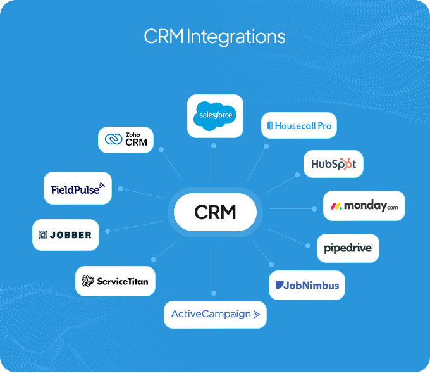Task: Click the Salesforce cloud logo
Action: (215, 116)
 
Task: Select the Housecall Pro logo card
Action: (299, 125)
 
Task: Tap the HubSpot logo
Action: (333, 164)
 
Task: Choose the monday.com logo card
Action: (364, 206)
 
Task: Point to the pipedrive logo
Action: (348, 248)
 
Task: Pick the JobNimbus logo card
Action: (307, 285)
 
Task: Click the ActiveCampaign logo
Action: (215, 314)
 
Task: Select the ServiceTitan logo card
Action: (115, 281)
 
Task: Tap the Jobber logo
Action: (65, 234)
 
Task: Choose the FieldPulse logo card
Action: (77, 188)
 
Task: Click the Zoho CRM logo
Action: (126, 139)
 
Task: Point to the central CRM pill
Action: (215, 212)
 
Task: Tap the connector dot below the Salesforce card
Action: (214, 146)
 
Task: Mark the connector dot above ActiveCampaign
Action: (214, 293)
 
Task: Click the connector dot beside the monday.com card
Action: (315, 208)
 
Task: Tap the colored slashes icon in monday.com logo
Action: (336, 206)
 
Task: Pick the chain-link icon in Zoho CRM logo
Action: (114, 139)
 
